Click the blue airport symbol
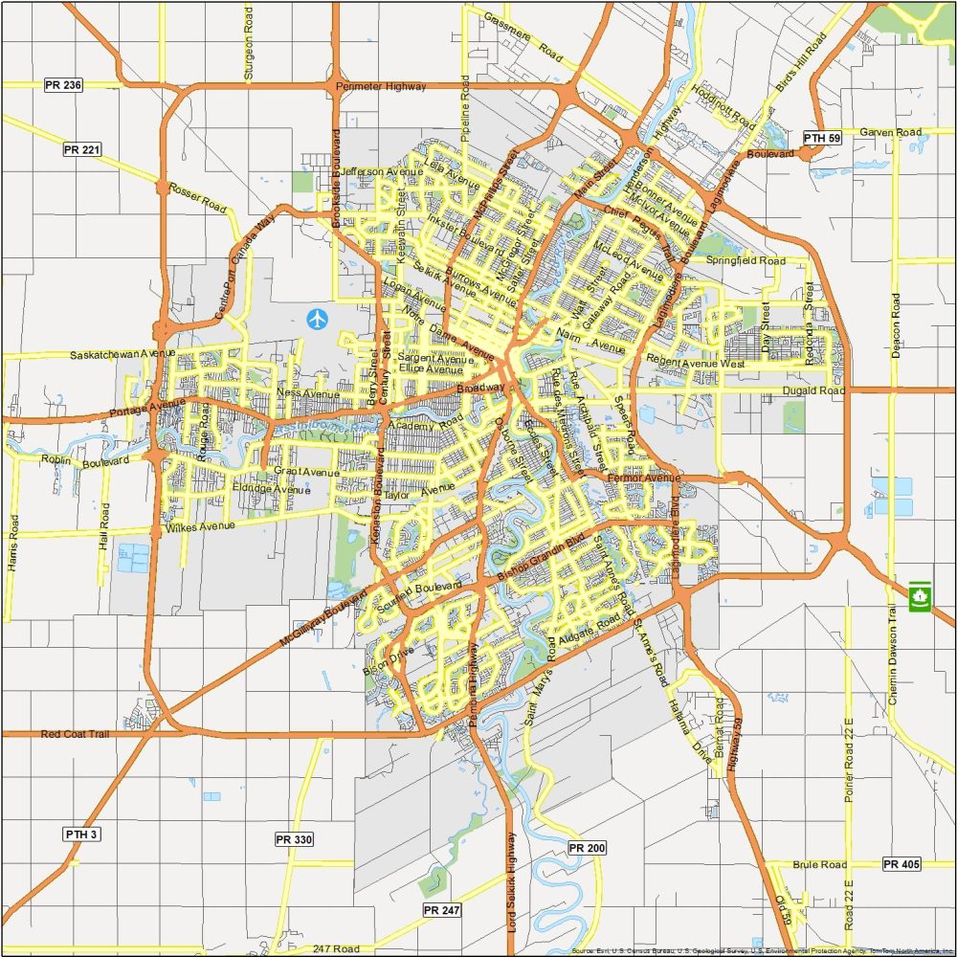tap(317, 319)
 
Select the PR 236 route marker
tap(63, 85)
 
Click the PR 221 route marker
tap(82, 149)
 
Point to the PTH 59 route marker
tap(821, 139)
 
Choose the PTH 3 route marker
tap(82, 834)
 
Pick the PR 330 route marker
tap(294, 839)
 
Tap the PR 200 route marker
tap(587, 848)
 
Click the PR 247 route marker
tap(441, 910)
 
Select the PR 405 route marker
tap(901, 864)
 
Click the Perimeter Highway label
tap(381, 87)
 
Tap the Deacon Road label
tap(897, 325)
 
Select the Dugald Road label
tap(812, 390)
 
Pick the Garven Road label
tap(890, 132)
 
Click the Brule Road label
tap(819, 864)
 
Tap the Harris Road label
tap(12, 543)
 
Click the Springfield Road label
tap(746, 260)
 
